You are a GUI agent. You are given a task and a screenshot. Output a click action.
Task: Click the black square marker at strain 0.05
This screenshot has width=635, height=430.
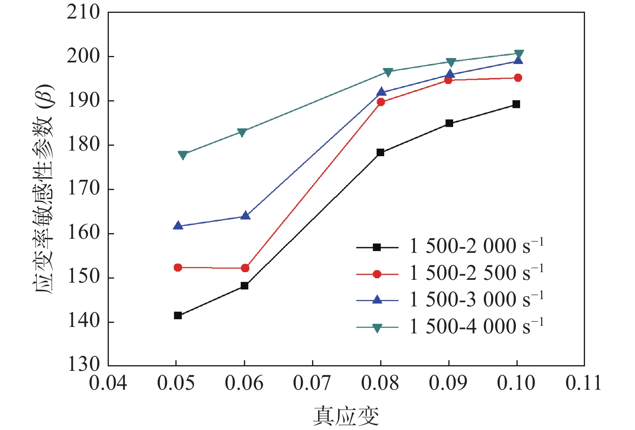coord(178,315)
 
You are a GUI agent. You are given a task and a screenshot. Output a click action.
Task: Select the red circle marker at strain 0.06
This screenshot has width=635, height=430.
coord(245,268)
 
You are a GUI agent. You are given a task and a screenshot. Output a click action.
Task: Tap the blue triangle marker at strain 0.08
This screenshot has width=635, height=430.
coord(381,92)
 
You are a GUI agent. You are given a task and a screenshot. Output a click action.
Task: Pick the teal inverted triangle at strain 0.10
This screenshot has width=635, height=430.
coord(519,54)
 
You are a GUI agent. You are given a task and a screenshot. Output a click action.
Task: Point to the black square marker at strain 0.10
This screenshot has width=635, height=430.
coord(516,104)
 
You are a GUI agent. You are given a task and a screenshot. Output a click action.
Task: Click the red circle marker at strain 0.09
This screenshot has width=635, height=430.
coord(448,80)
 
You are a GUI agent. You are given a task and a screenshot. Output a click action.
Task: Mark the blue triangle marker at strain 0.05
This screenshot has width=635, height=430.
coord(178,226)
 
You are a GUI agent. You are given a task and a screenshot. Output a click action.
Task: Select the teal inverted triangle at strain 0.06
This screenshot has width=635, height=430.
coord(242,132)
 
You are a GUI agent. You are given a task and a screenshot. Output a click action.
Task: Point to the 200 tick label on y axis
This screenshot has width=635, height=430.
coord(83,56)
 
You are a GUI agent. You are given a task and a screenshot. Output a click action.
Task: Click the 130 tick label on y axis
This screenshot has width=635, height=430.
coord(83,364)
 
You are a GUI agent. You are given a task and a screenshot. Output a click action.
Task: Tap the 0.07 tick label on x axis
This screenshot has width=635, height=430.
coord(312,383)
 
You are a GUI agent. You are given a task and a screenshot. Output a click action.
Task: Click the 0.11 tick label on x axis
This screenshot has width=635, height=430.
coord(583,383)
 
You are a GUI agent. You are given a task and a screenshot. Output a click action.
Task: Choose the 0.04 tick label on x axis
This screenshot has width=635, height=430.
coord(108,383)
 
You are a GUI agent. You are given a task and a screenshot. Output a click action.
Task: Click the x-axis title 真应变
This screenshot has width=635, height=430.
coord(346,416)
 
